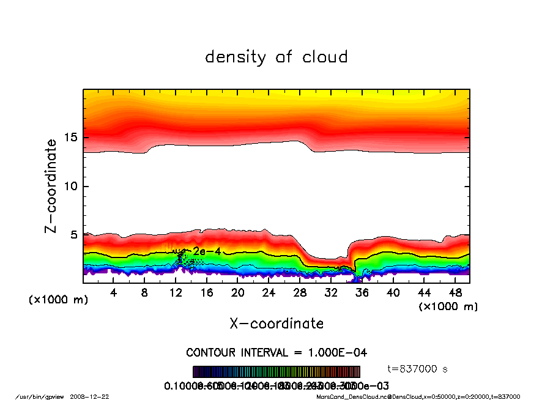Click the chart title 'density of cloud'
click(x=276, y=57)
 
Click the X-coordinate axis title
click(x=276, y=324)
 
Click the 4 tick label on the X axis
click(x=114, y=293)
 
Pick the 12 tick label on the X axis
click(x=176, y=293)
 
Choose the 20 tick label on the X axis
click(x=238, y=293)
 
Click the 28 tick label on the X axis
click(x=300, y=293)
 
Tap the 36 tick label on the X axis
click(x=362, y=293)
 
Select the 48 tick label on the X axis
click(x=455, y=293)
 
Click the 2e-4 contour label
click(x=202, y=251)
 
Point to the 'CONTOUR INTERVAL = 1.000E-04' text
click(x=276, y=353)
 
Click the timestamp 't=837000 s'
click(x=418, y=369)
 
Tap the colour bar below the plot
click(x=276, y=372)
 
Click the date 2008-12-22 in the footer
click(x=95, y=396)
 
